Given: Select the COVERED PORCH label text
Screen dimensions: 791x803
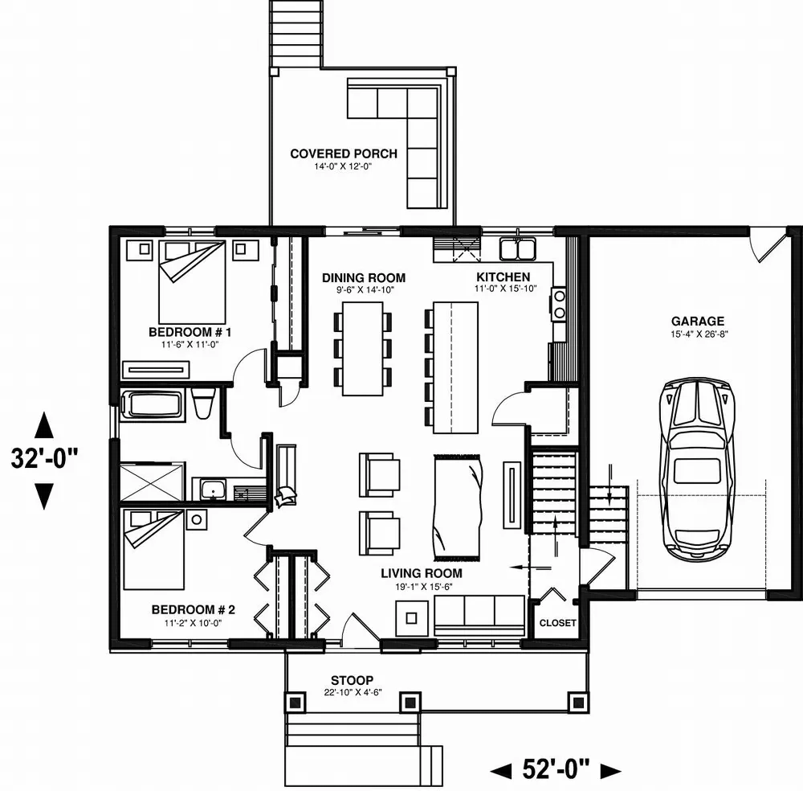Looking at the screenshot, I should pos(343,154).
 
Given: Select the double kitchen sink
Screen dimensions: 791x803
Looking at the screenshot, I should pos(517,250).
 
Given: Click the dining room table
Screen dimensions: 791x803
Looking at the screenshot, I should pos(362,347).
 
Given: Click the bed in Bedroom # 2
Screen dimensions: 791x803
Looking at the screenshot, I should pos(154,549).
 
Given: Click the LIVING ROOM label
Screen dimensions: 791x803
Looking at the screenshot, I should pos(422,573).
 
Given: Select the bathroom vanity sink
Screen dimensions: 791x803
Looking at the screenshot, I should pos(214,488).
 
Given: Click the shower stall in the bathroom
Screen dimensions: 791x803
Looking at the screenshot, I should pos(152,481).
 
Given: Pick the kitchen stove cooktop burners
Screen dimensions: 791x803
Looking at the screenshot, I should pos(558,305).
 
